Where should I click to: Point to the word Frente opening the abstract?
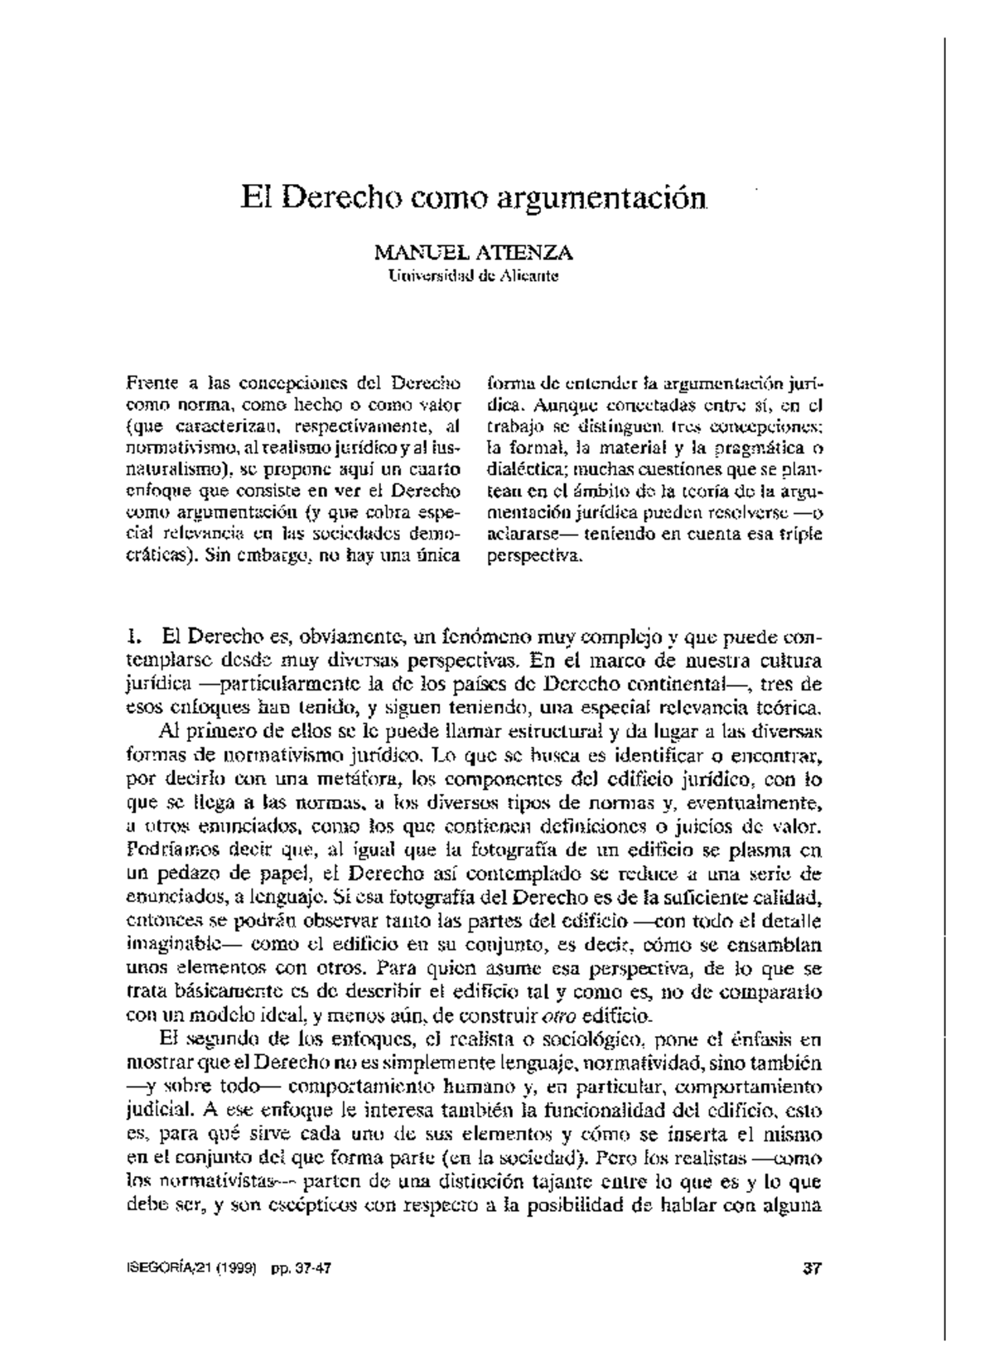pos(150,384)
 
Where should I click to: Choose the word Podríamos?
pos(171,850)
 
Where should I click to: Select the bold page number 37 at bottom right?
pos(813,1268)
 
